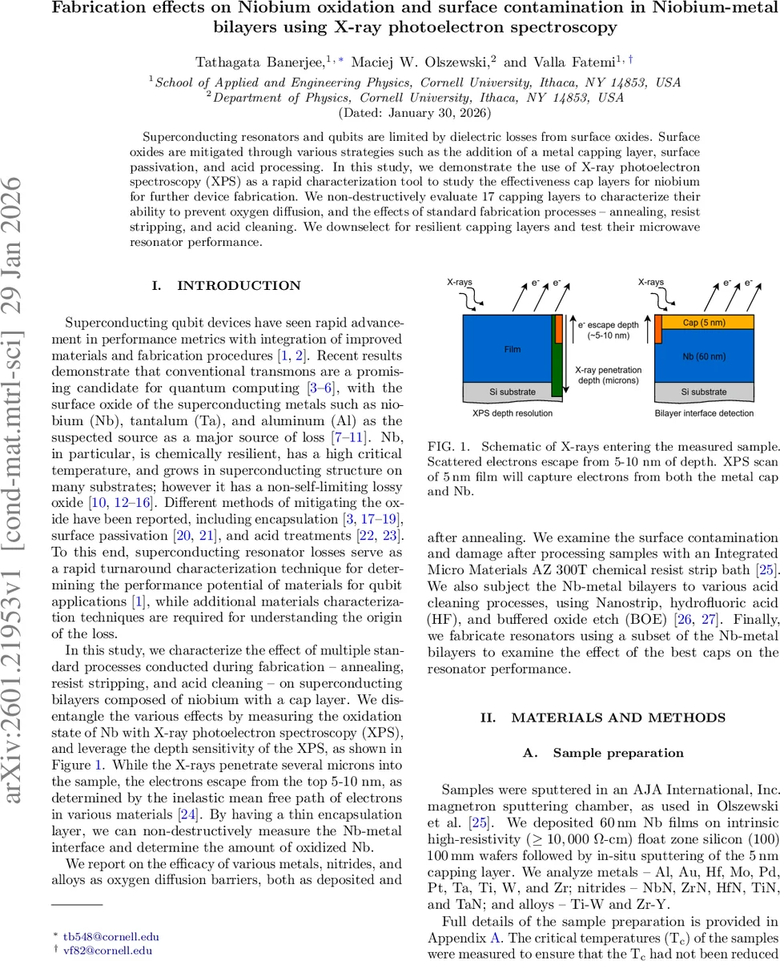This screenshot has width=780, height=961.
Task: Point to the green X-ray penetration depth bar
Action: (557, 368)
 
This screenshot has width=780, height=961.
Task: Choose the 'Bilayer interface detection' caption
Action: (703, 412)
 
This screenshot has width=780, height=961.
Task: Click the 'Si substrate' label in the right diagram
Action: (704, 392)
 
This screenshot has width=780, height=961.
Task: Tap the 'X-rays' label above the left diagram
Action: (461, 283)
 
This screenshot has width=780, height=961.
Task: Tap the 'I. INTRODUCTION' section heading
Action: (226, 285)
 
